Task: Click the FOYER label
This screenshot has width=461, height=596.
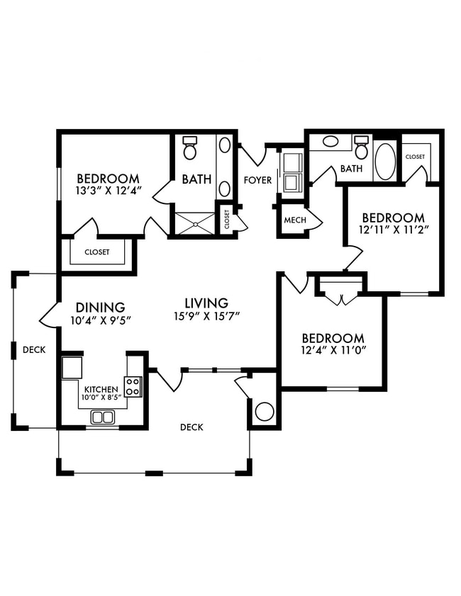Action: coord(258,180)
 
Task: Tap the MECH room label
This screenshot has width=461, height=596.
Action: coord(295,220)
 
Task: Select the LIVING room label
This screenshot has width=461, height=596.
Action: coord(206,303)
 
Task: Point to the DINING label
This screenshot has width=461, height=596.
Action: coord(101,307)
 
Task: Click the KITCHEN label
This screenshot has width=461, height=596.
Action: coord(101,390)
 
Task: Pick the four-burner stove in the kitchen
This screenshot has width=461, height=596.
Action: coord(133,386)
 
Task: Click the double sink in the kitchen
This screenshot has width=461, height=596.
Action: coord(103,417)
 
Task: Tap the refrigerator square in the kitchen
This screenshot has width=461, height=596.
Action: coord(72,368)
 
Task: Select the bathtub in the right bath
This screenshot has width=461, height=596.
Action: coord(385,161)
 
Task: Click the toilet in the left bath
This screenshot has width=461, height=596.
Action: coord(189,148)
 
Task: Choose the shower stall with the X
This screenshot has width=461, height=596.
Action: coord(195,224)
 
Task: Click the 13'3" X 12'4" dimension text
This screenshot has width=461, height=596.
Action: coord(109,191)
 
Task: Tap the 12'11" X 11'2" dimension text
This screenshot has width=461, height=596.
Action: coord(394,230)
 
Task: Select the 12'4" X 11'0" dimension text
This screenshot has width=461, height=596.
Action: coord(333,350)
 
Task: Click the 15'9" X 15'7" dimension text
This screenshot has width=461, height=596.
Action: coord(206,316)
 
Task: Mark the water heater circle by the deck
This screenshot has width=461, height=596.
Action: coord(265,411)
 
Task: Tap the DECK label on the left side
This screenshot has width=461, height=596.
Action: coord(34,349)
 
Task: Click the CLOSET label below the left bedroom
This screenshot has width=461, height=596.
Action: coord(97,252)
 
